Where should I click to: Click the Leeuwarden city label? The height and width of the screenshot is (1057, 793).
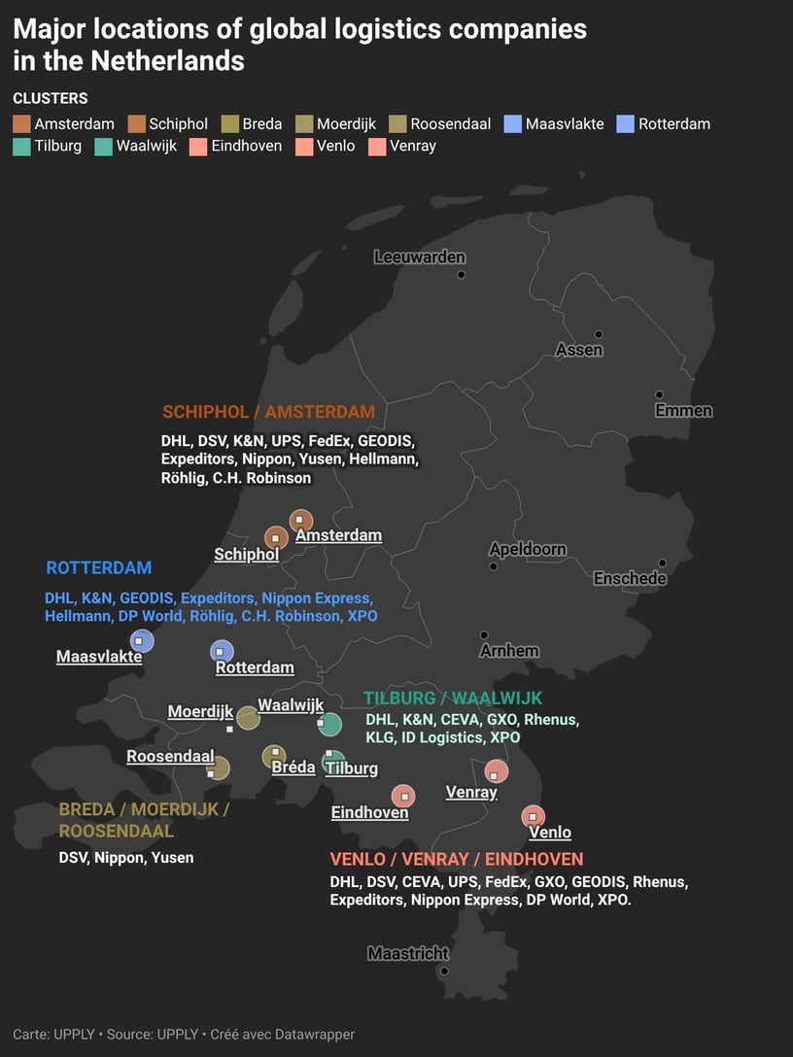pos(420,257)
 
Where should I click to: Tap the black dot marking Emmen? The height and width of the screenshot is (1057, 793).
pos(659,394)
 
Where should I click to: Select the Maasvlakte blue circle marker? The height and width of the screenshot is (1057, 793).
pos(142,641)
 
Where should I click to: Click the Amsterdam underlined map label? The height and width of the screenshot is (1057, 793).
pos(338,535)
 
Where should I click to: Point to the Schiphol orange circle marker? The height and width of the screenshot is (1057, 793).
pos(277,537)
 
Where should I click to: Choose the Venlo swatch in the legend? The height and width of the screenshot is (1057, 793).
pos(303,146)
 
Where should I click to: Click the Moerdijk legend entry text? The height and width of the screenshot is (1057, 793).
pos(346,123)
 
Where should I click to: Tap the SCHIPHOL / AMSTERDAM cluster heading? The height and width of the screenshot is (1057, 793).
pos(268,411)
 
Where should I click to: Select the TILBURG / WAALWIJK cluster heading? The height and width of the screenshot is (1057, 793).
pos(453,699)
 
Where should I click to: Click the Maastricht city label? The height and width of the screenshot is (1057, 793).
pos(408,953)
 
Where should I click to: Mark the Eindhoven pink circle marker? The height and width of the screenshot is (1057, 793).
pos(402,796)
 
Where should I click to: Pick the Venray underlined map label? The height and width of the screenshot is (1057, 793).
pos(471,792)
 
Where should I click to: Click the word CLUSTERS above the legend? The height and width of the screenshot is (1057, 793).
pos(51,98)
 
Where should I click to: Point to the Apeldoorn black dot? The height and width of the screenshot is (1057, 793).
pos(493,566)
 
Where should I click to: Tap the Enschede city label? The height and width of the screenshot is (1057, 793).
pos(630,578)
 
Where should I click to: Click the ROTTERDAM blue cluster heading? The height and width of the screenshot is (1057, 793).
pos(99,567)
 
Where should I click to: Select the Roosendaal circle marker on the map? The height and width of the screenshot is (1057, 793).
pos(220,768)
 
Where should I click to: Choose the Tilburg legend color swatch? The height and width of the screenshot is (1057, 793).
pos(21,146)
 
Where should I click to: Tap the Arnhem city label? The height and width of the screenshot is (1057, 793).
pos(509,651)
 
